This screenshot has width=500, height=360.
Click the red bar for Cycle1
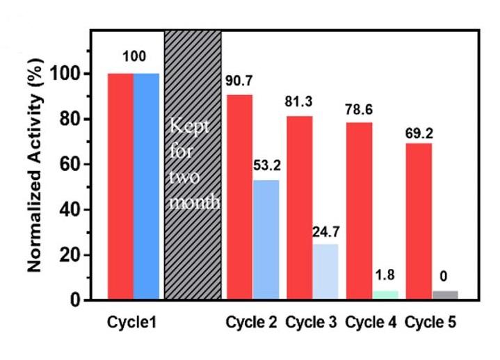[120, 186]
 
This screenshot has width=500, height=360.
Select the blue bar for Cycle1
[146, 186]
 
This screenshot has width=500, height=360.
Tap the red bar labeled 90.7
[239, 197]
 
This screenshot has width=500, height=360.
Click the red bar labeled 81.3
[299, 208]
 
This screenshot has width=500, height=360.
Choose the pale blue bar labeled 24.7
[325, 272]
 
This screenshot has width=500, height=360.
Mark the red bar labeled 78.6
[359, 211]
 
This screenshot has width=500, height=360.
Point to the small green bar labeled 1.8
[385, 295]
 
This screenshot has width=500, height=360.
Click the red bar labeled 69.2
[419, 222]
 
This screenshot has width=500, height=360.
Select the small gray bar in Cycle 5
[445, 295]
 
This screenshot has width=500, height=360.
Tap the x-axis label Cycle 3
[311, 323]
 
